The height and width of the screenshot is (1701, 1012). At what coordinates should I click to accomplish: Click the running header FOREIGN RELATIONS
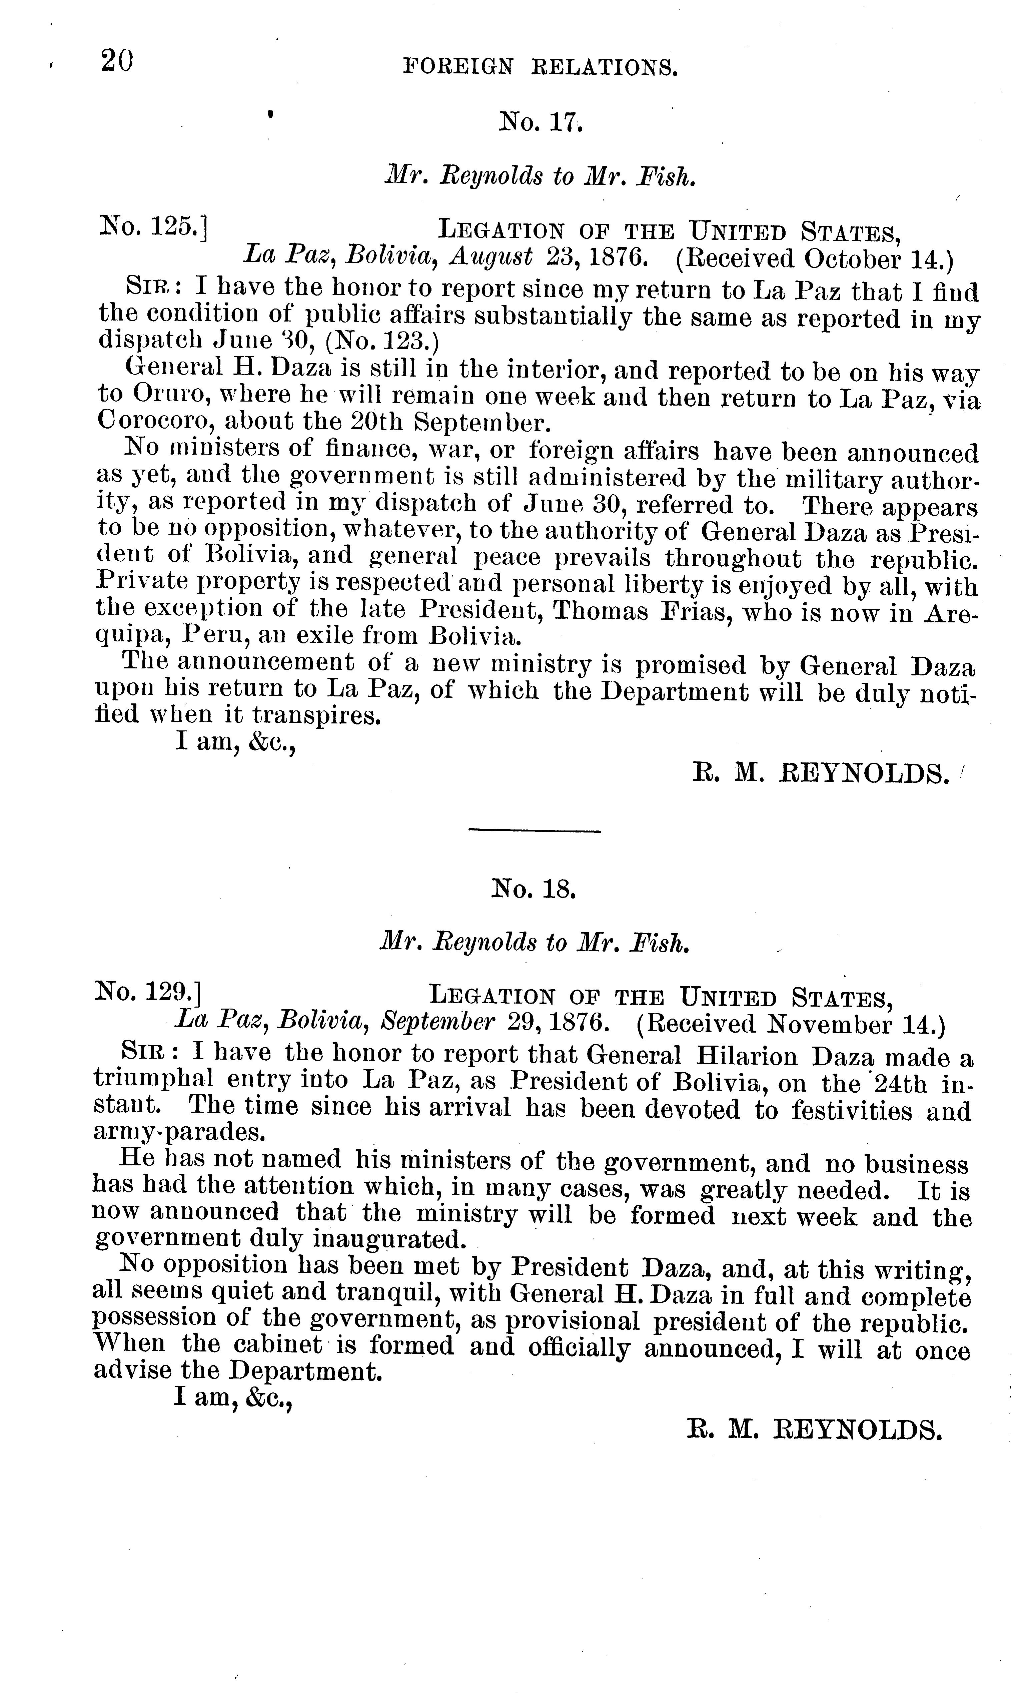tap(541, 67)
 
